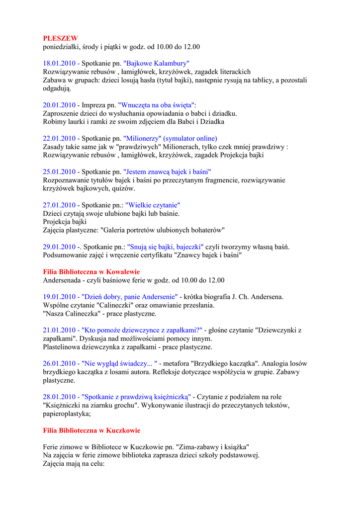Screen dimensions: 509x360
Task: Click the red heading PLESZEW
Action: pyautogui.click(x=60, y=38)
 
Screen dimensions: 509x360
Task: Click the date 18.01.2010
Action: pyautogui.click(x=59, y=64)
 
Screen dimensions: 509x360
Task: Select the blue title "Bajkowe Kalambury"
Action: pyautogui.click(x=156, y=64)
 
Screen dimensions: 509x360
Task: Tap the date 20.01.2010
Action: pyautogui.click(x=59, y=105)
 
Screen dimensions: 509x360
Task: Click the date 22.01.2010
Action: pyautogui.click(x=59, y=139)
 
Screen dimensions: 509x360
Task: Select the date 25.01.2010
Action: pyautogui.click(x=59, y=172)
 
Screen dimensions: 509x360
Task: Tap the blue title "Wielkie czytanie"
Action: pyautogui.click(x=153, y=205)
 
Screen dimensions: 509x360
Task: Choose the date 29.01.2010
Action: pyautogui.click(x=59, y=247)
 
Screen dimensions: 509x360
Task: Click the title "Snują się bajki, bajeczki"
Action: pyautogui.click(x=166, y=247)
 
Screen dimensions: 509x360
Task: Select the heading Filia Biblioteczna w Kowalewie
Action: pyautogui.click(x=91, y=272)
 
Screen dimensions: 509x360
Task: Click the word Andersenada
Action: pyautogui.click(x=62, y=280)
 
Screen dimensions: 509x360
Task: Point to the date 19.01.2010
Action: pyautogui.click(x=59, y=297)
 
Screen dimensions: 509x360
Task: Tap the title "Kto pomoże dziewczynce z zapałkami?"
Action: pyautogui.click(x=142, y=330)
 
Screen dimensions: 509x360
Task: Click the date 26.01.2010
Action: pyautogui.click(x=59, y=364)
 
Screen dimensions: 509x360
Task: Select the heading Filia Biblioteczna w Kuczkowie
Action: pyautogui.click(x=91, y=430)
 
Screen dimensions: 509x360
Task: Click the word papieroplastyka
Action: pyautogui.click(x=66, y=414)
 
